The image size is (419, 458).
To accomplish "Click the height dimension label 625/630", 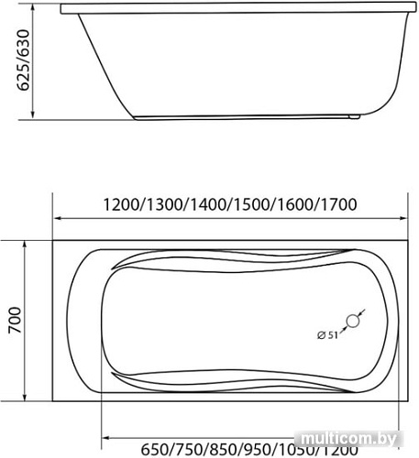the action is tap(24, 60).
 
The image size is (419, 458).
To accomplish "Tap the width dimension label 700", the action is tap(16, 321).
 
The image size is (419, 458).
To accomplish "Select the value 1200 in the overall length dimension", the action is tap(121, 204).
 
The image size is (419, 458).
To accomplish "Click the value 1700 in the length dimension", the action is tap(338, 204).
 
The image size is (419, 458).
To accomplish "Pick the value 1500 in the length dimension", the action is tap(251, 204).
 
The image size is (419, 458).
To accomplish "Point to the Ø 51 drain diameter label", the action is tap(327, 335).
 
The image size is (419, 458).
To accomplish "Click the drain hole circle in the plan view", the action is tap(353, 322).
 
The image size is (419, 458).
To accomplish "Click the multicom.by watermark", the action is tap(348, 439).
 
